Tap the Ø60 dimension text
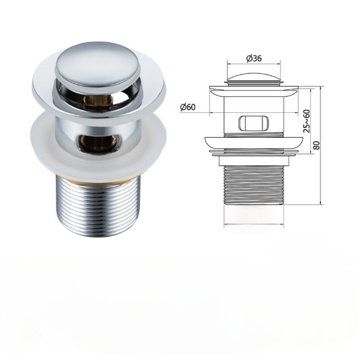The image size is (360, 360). point(188,107)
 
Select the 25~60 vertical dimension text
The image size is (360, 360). point(306,121)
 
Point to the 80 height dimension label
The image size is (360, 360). point(316,145)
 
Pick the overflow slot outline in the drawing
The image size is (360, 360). point(254,123)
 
